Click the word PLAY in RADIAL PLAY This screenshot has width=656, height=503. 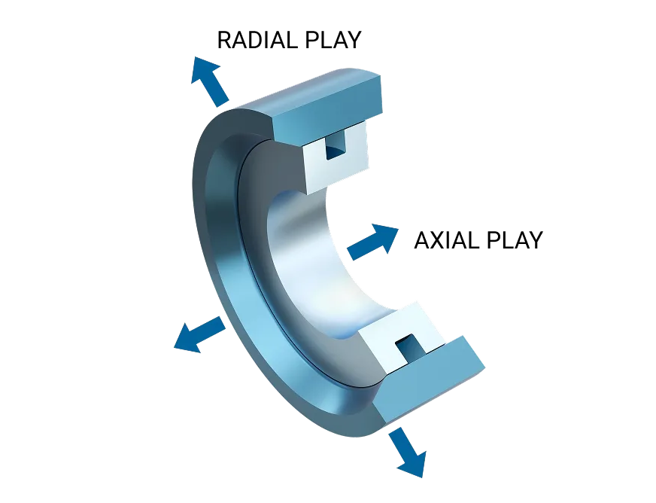[x=333, y=40]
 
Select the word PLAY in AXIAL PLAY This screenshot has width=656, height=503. [x=514, y=240]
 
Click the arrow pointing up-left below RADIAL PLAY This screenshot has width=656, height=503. [x=210, y=81]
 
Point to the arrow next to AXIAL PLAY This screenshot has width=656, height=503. [x=372, y=242]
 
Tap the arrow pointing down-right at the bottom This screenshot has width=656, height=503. [x=408, y=453]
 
